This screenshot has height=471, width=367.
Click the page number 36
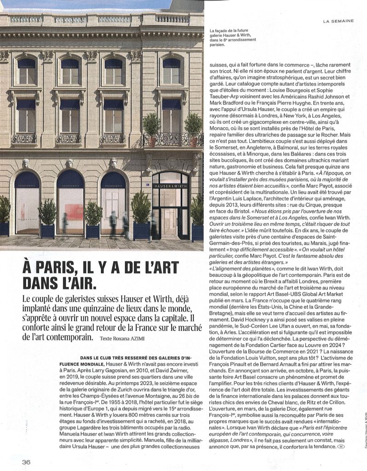26,462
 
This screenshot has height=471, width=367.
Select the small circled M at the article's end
340,447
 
